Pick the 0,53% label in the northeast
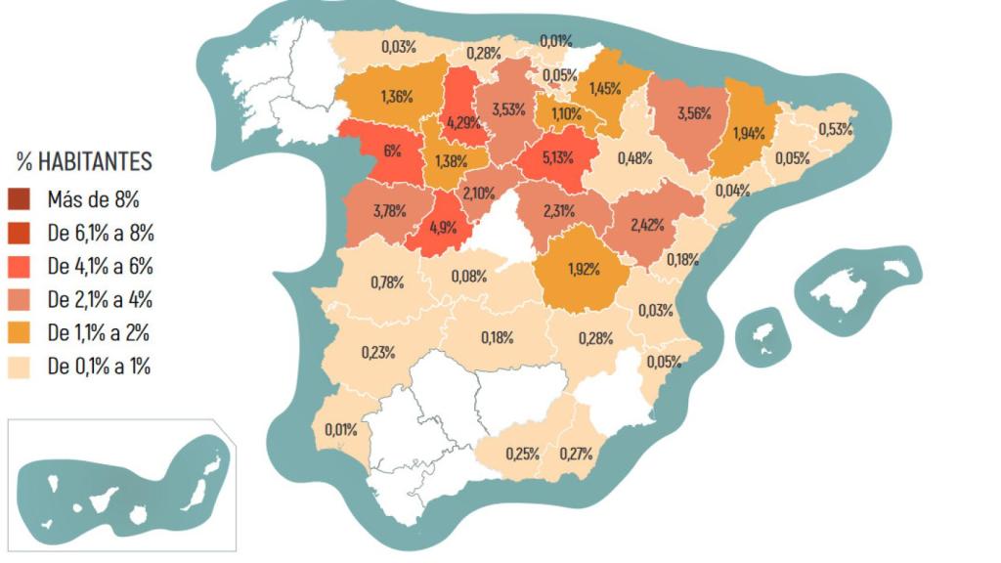point(836,129)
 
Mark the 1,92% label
point(585,265)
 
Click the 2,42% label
point(647,224)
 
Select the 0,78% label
point(388,282)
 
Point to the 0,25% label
point(523,454)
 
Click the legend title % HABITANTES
point(84,162)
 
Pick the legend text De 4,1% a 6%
point(101,267)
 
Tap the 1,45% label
point(605,88)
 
